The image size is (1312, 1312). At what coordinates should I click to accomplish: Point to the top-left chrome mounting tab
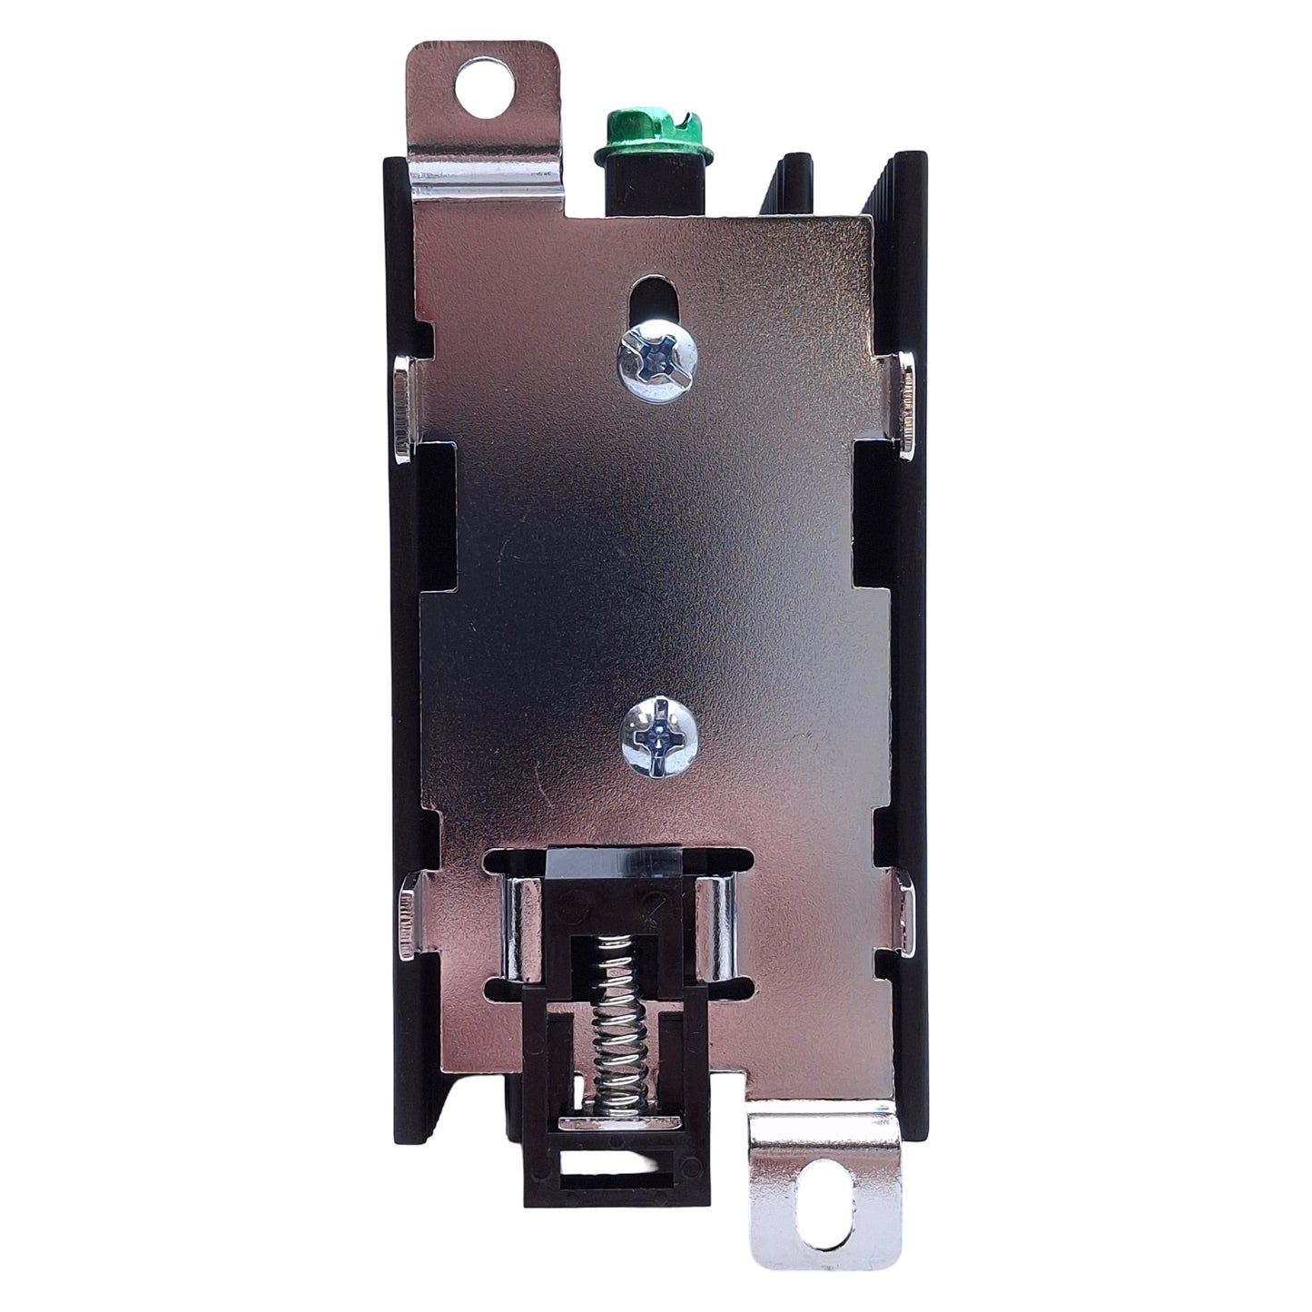(486, 118)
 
